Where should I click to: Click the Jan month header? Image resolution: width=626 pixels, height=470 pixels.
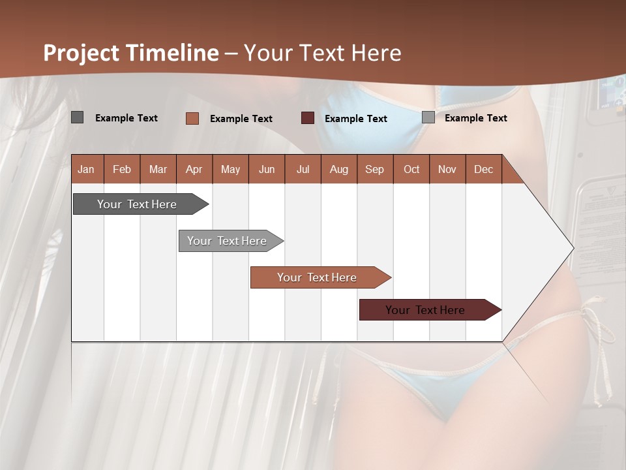point(86,169)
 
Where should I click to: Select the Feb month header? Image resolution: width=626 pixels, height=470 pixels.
point(122,169)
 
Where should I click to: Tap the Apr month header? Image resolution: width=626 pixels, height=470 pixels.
point(194,169)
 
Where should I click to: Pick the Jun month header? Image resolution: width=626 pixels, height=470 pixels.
point(267,169)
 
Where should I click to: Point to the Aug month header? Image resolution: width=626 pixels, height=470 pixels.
point(338,169)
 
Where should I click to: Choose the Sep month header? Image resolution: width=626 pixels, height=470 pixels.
point(374,169)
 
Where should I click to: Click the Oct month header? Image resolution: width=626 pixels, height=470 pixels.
point(411,169)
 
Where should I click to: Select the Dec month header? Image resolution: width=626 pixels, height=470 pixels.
point(483,169)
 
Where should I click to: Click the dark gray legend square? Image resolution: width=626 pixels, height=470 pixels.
point(77,117)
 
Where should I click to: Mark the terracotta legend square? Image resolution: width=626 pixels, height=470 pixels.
point(192,118)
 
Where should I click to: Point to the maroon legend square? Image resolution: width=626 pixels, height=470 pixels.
point(307,118)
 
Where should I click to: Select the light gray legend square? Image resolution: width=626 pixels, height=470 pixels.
point(428,117)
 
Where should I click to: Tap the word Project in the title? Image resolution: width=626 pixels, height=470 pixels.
point(82,53)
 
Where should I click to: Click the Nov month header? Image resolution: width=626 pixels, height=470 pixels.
point(447,169)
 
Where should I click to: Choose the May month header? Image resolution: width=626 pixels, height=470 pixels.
point(230,169)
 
